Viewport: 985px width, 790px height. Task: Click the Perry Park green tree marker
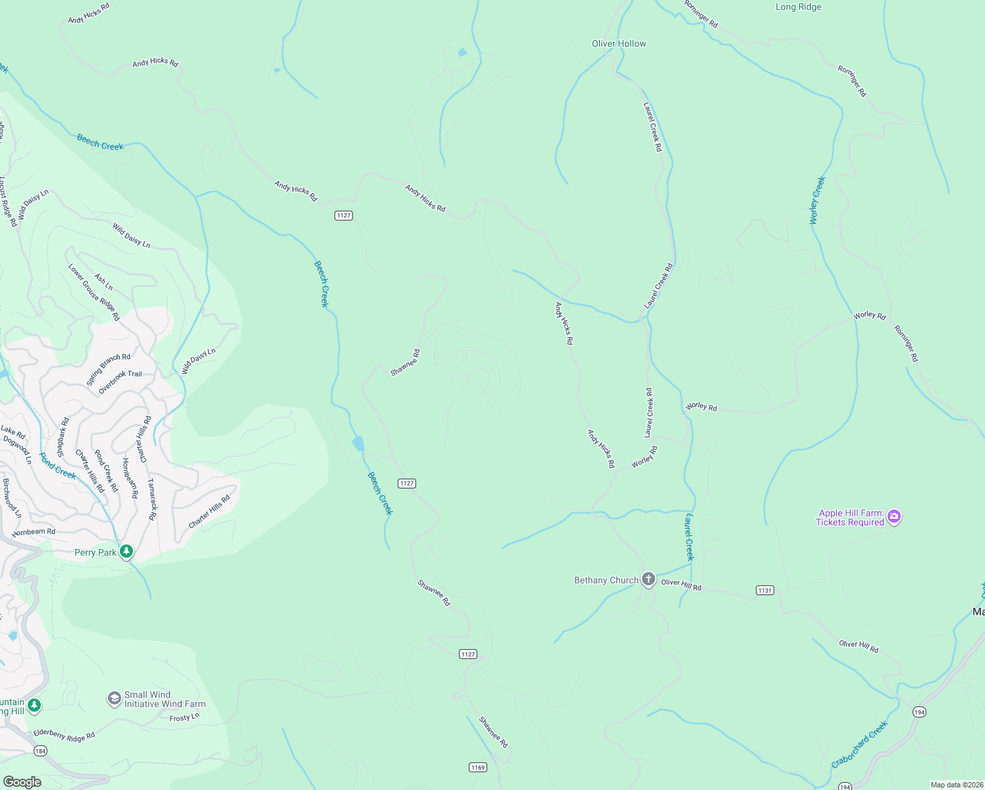click(x=126, y=552)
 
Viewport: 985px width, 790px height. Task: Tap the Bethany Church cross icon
click(x=649, y=579)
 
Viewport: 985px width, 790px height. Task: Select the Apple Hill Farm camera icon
click(x=893, y=517)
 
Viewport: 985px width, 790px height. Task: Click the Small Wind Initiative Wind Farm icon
click(x=115, y=698)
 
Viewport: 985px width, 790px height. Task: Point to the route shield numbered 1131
click(x=764, y=591)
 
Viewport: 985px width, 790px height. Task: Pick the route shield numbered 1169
click(x=478, y=768)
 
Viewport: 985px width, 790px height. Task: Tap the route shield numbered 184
click(x=41, y=751)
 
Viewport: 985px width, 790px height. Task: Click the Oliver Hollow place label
click(x=619, y=43)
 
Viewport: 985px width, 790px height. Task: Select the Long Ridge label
click(x=798, y=7)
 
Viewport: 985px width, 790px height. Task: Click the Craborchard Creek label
click(x=859, y=745)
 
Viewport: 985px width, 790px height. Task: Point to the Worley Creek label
click(x=817, y=200)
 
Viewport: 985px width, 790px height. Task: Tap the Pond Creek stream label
click(x=57, y=465)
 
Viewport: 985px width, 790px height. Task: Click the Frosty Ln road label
click(x=184, y=718)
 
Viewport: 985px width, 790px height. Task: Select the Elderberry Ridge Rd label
click(x=65, y=735)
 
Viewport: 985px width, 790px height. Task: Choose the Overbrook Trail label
click(x=120, y=382)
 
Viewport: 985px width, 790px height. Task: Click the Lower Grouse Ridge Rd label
click(x=94, y=292)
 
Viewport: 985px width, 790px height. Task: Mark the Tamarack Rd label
click(x=153, y=500)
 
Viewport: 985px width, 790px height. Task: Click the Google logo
click(x=22, y=782)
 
